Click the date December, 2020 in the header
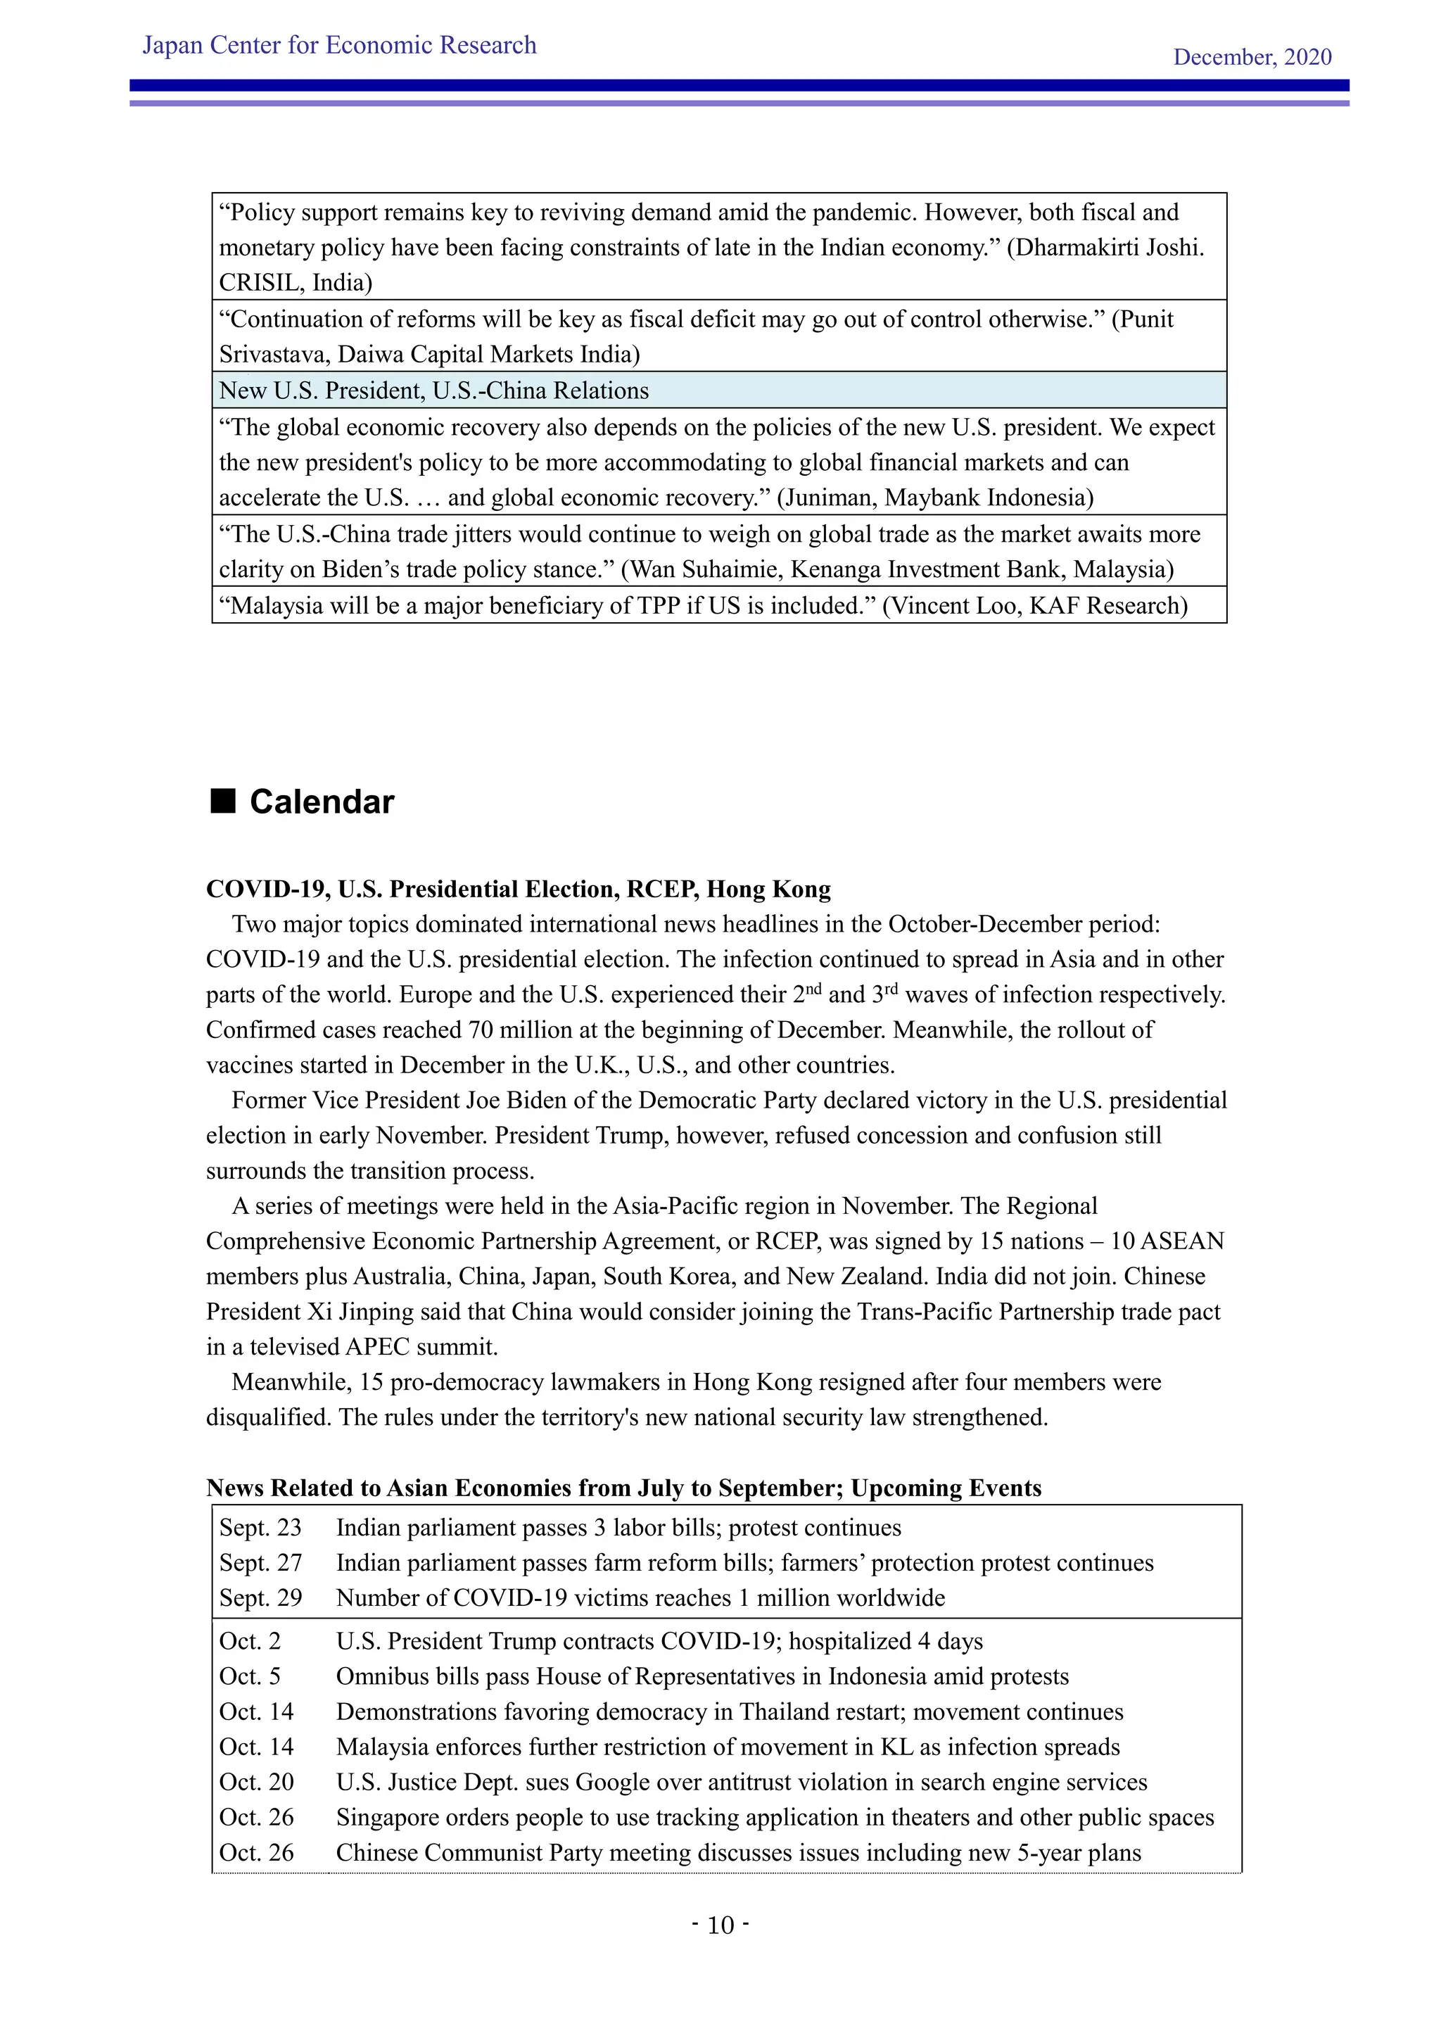[x=1251, y=57]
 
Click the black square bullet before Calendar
[x=223, y=801]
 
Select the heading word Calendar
[x=322, y=802]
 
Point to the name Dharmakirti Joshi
[x=1108, y=248]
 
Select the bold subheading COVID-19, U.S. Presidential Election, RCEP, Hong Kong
[x=518, y=889]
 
